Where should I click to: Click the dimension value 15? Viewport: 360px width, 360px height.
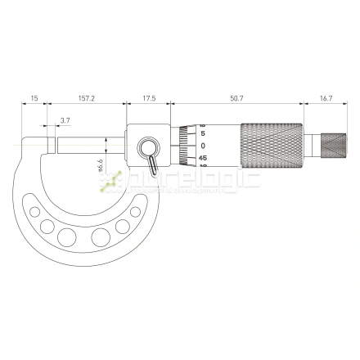coord(34,97)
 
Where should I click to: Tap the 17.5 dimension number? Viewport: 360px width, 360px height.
coord(148,97)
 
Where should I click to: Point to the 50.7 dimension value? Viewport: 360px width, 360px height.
coord(236,97)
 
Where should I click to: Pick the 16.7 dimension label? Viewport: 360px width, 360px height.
coord(326,97)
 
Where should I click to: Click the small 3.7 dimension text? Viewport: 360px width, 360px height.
coord(65,120)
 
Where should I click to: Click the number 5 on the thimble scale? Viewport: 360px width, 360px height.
coord(203,133)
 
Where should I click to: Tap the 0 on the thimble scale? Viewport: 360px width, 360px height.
coord(203,145)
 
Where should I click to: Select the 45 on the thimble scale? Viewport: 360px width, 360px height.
coord(202,158)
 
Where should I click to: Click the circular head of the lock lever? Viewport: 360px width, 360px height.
coord(149,147)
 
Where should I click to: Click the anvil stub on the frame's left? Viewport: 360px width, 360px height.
coord(50,146)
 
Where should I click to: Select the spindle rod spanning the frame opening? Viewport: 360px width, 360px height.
coord(90,146)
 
